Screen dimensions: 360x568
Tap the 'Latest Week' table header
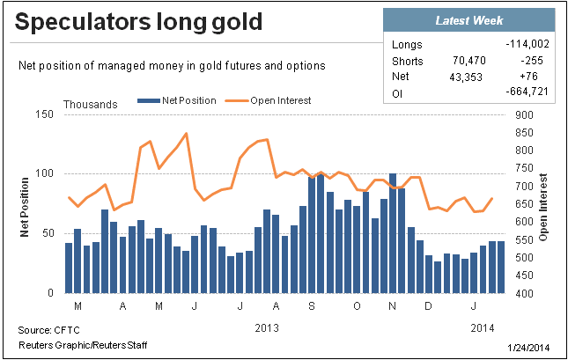tap(468, 19)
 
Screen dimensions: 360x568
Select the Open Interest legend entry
tap(273, 101)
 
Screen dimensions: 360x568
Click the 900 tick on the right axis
tap(523, 115)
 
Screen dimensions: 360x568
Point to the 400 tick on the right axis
tap(523, 293)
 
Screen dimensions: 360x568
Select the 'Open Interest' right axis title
tap(543, 204)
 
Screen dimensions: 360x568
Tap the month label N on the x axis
tap(392, 305)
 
